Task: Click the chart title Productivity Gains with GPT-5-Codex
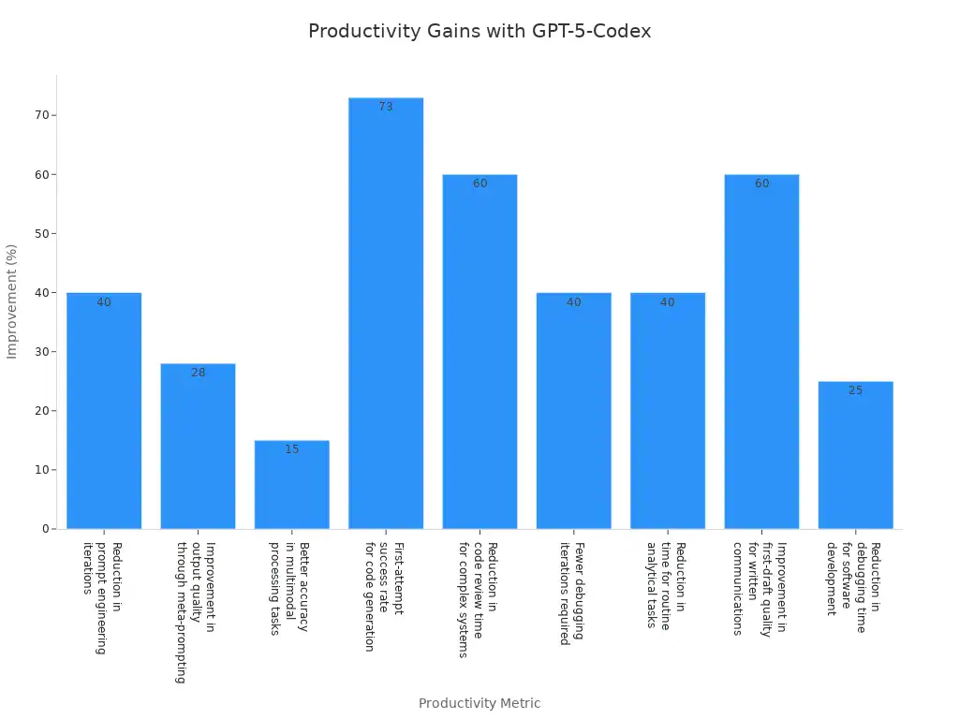pos(479,31)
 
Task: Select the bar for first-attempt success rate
pos(386,318)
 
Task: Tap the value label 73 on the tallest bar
pos(386,107)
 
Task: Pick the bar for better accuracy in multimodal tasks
pos(291,487)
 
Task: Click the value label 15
pos(291,449)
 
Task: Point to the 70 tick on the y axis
pos(41,115)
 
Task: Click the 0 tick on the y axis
pos(44,529)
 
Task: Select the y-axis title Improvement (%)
pos(12,301)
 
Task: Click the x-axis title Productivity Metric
pos(479,703)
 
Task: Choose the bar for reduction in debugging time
pos(855,459)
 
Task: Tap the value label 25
pos(855,390)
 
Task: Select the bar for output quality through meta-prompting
pos(198,449)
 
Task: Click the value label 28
pos(198,373)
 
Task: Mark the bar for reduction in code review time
pos(479,356)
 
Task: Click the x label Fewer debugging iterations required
pos(572,594)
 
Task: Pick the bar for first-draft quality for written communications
pos(761,356)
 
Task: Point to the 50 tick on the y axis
pos(41,233)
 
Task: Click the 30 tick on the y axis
pos(41,352)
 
